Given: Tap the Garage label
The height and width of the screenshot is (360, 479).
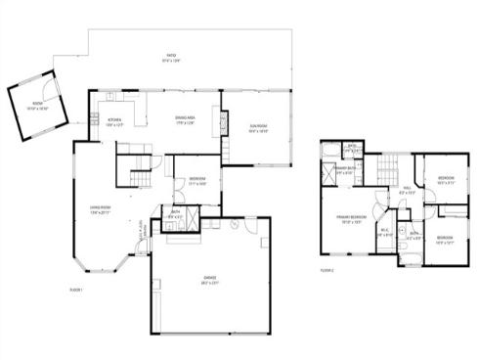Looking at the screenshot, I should pos(209,279).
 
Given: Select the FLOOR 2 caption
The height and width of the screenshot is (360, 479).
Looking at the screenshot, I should pos(327,270).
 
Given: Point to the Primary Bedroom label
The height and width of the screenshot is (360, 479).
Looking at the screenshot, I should pos(352,218).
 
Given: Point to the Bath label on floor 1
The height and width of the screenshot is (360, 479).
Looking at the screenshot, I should pos(176,214).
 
